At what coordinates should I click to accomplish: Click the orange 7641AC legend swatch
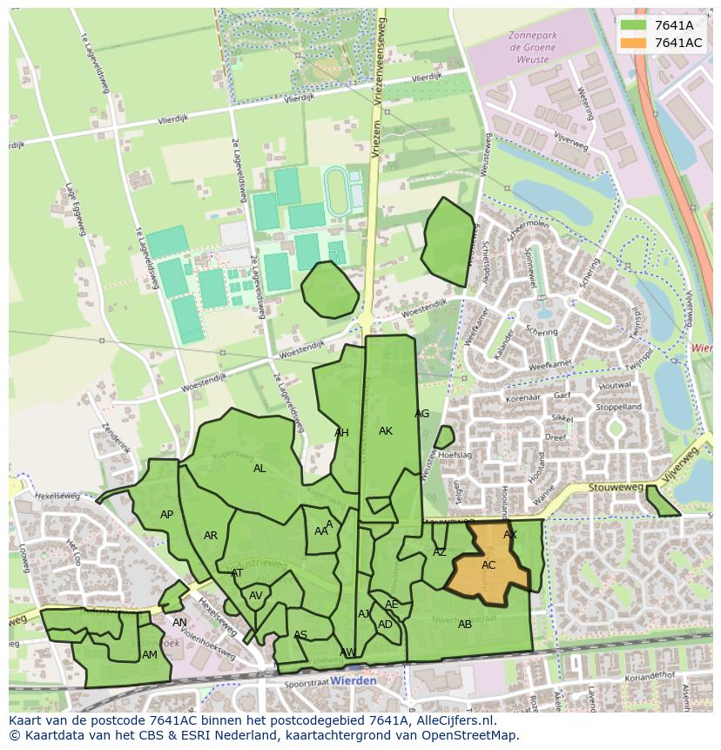point(633,43)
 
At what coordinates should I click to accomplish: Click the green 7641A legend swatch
point(633,25)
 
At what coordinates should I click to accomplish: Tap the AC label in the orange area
point(489,565)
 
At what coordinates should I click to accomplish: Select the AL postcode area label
point(259,469)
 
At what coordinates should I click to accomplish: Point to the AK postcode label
point(386,431)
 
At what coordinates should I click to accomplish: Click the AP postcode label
point(166,515)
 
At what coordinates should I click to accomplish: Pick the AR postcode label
point(211,536)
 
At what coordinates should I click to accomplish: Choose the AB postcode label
point(465,625)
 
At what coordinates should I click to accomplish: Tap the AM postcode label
point(150,655)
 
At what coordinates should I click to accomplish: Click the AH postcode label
point(341,433)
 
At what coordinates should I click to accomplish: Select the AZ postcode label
point(440,552)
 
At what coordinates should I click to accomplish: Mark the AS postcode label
point(300,635)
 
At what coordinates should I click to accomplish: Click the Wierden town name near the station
point(354,680)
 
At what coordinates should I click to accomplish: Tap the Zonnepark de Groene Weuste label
point(529,49)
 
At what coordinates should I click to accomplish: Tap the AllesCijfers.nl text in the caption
point(453,720)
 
